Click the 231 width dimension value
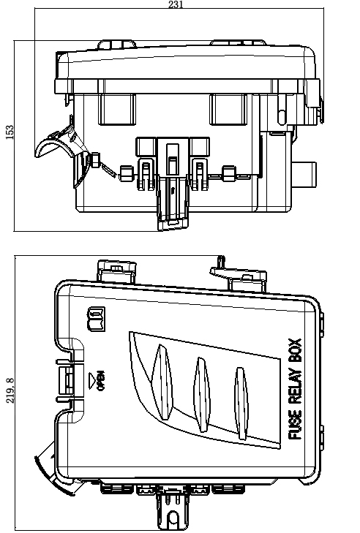coord(176,4)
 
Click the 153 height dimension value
coord(10,132)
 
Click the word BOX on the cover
coord(295,351)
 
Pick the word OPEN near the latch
coord(101,380)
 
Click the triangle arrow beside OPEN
coord(92,380)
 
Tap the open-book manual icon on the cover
coord(97,320)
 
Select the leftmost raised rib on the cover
coord(161,382)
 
